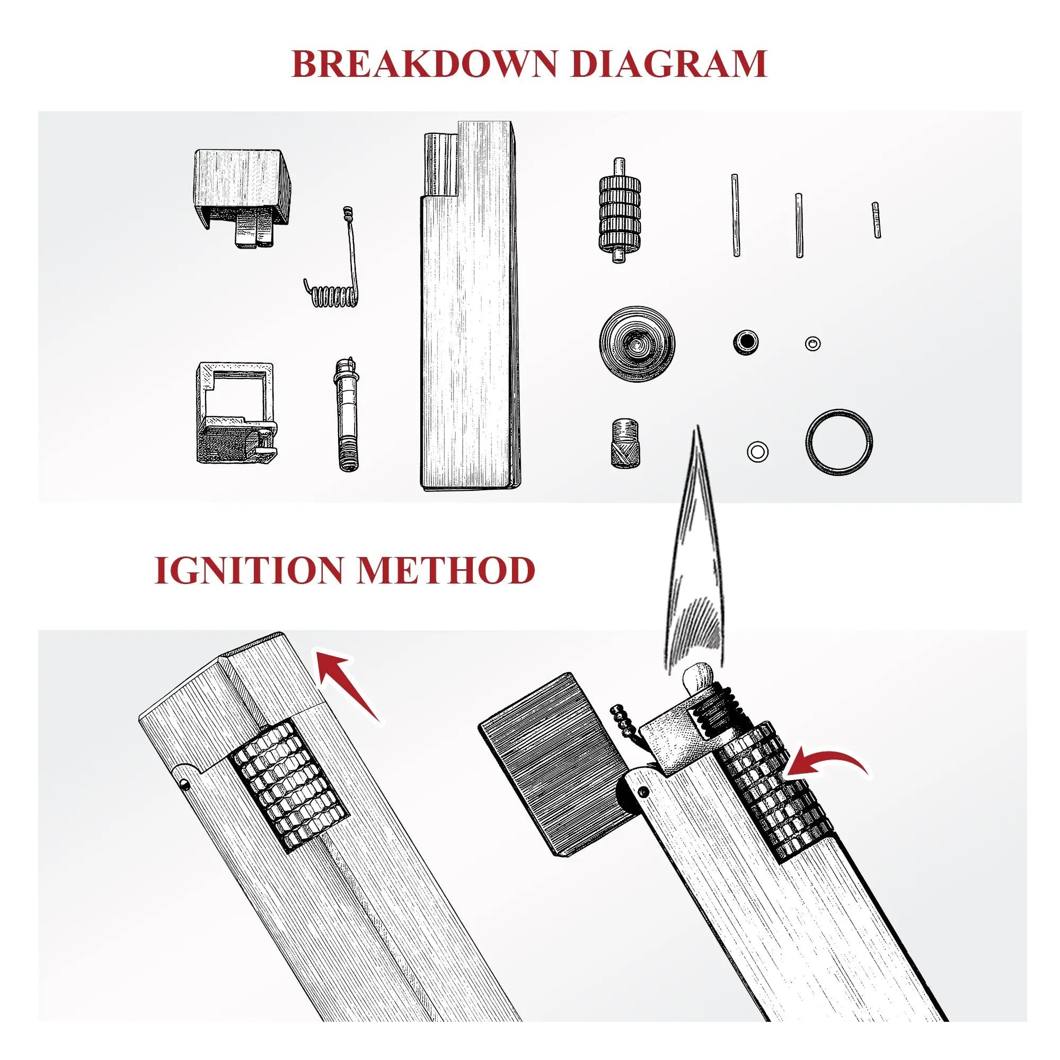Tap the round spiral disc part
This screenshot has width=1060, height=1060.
click(x=637, y=344)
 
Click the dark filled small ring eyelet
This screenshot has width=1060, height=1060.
click(x=745, y=342)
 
